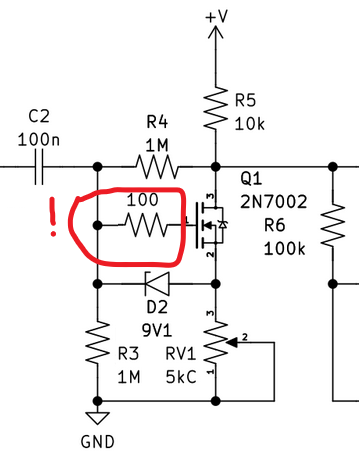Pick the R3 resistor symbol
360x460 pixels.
[97, 342]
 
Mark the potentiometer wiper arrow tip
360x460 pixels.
[228, 342]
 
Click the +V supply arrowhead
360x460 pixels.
[217, 34]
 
